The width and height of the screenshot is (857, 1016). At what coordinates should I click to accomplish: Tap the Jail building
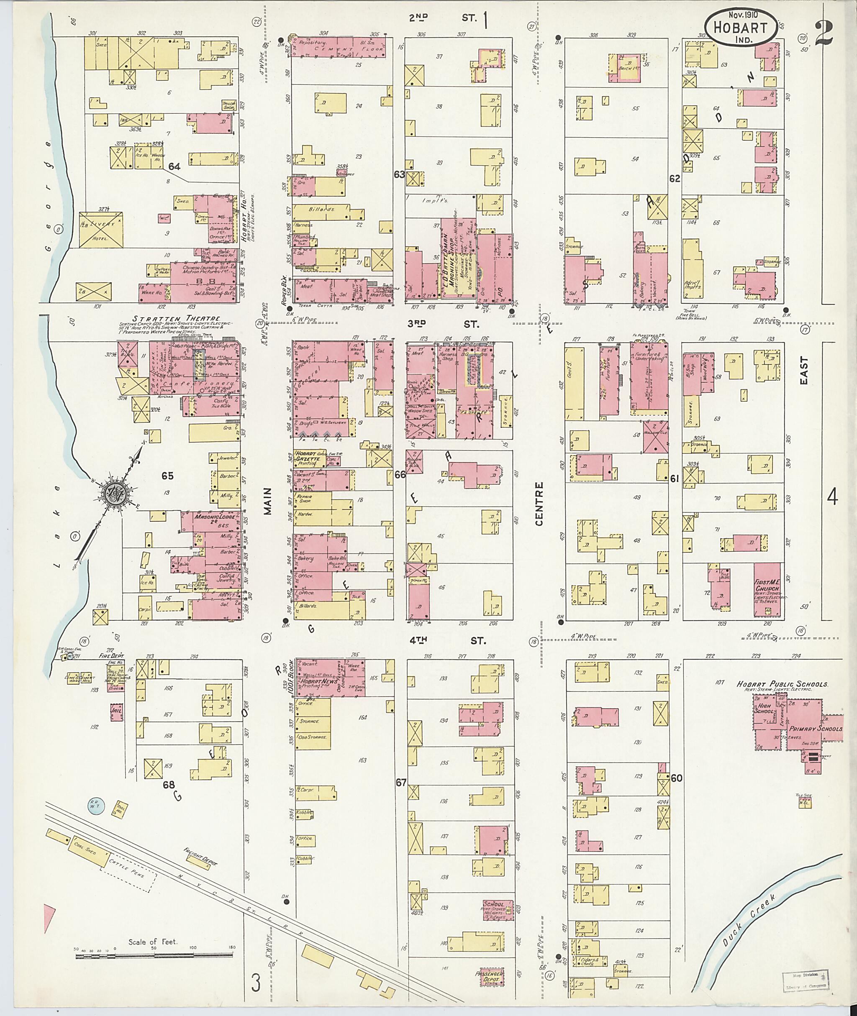[116, 712]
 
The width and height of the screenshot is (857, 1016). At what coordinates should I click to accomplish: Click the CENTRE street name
[539, 504]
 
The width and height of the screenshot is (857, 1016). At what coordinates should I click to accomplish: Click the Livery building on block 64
[102, 230]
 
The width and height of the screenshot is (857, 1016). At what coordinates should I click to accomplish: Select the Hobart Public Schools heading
[782, 684]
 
